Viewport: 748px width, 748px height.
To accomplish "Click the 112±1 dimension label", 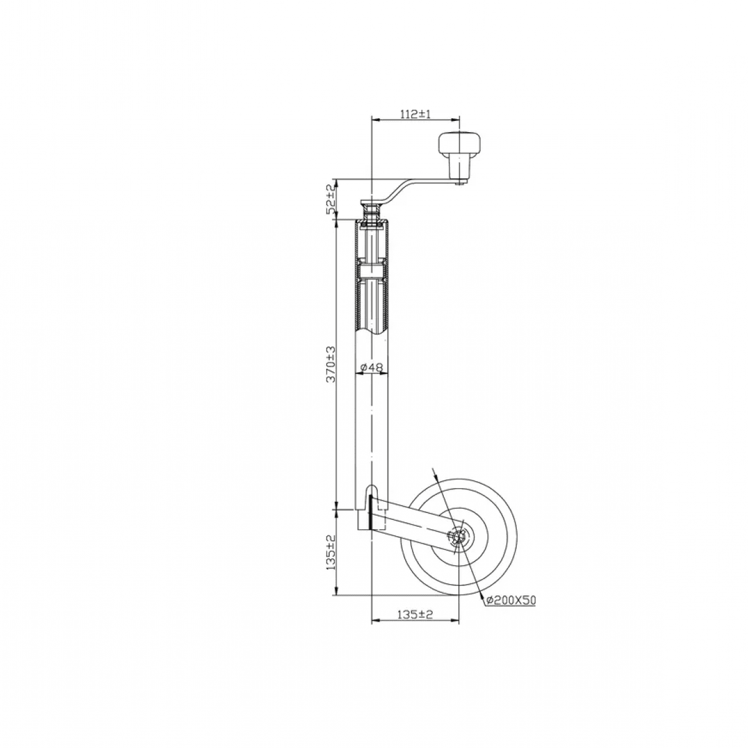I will pyautogui.click(x=415, y=113).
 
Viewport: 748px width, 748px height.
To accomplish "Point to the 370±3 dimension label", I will pyautogui.click(x=332, y=364).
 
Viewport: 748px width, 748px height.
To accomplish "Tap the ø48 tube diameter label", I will pyautogui.click(x=372, y=368).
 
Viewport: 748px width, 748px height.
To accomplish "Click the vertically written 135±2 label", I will pyautogui.click(x=332, y=552).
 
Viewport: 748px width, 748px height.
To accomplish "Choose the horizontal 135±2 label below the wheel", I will pyautogui.click(x=416, y=615).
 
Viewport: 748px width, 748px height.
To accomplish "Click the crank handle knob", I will pyautogui.click(x=460, y=145).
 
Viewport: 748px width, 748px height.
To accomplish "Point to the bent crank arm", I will pyautogui.click(x=405, y=187).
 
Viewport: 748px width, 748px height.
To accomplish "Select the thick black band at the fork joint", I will pyautogui.click(x=371, y=512).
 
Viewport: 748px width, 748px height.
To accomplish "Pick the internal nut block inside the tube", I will pyautogui.click(x=372, y=272).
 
